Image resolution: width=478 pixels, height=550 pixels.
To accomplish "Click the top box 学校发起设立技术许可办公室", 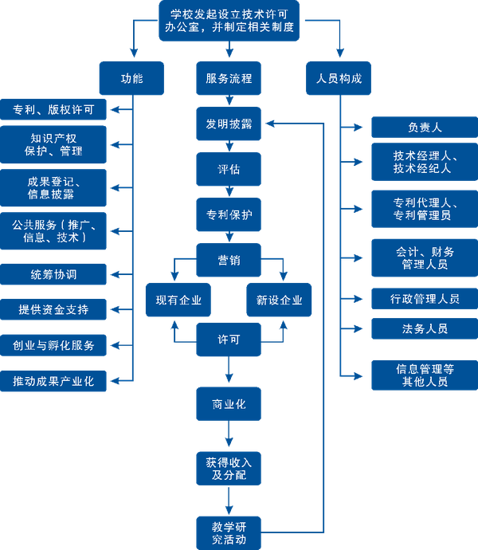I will pos(232,21).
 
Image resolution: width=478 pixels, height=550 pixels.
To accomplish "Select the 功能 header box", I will pos(131,79).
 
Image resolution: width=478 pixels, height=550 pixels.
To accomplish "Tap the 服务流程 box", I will pos(229,79).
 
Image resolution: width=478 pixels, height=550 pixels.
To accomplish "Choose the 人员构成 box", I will pos(339,79).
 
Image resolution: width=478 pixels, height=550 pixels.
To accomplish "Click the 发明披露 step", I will pos(229,124).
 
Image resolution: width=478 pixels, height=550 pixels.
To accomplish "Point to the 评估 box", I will pos(229,169).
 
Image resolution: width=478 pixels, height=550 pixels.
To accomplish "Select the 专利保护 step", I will pos(229,214).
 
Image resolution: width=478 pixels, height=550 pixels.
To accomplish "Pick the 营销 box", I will pos(229,260).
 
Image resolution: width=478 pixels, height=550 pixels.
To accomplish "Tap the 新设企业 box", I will pos(280,301).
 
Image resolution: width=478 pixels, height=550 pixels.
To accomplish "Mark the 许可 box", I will pos(229,340).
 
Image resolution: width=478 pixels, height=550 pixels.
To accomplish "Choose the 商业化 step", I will pos(229,404).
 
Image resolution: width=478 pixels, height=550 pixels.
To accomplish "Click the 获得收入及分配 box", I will pos(229,469).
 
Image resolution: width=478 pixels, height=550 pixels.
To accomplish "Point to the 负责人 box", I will pos(424,128).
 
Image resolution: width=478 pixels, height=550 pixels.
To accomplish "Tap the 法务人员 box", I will pos(424,328).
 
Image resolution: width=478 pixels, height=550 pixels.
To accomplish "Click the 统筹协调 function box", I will pos(53,274).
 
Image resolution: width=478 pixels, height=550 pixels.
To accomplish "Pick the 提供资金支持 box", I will pos(53,309).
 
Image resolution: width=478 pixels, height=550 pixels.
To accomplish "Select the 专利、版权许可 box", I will pos(53,109).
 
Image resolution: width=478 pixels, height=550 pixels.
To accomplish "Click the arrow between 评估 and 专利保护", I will pos(229,191).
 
